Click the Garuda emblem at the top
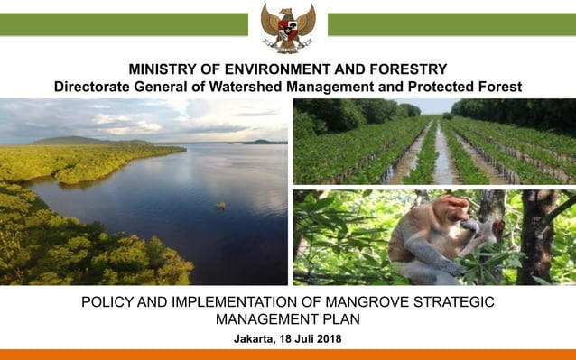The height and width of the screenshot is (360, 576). [x=288, y=27]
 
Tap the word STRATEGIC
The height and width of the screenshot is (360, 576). [x=449, y=301]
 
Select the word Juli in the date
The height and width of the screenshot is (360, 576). [x=299, y=338]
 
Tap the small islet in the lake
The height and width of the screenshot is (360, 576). [x=220, y=206]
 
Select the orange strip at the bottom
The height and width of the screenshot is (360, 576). [x=288, y=355]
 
